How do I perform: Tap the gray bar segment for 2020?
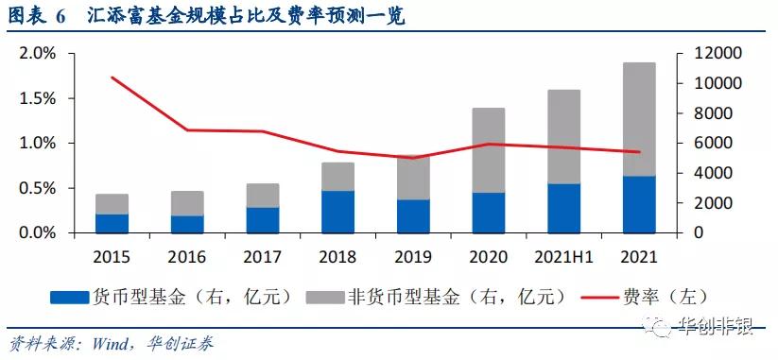pyautogui.click(x=488, y=150)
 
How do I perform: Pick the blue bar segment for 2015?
pyautogui.click(x=112, y=223)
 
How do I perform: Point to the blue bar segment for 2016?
pyautogui.click(x=187, y=224)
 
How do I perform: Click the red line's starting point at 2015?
pyautogui.click(x=112, y=77)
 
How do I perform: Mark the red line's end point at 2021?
pyautogui.click(x=638, y=152)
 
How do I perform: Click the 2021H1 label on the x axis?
pyautogui.click(x=563, y=255)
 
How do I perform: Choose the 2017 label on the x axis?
pyautogui.click(x=263, y=255)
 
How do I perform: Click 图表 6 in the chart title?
pyautogui.click(x=37, y=17)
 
